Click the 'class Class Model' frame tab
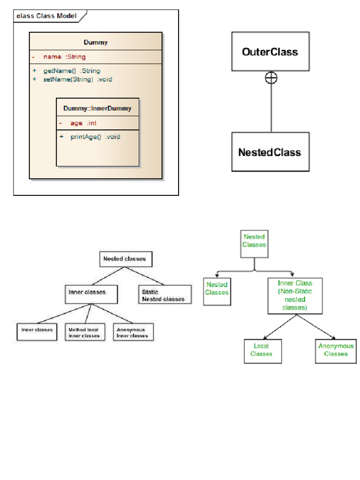click(49, 16)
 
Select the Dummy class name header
click(96, 42)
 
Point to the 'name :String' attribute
click(64, 57)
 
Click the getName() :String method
click(72, 71)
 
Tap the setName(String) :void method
click(77, 79)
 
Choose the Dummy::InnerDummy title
click(97, 108)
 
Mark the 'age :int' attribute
click(83, 123)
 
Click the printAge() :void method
click(95, 137)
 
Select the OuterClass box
click(270, 52)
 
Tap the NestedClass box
click(270, 152)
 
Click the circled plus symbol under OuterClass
click(271, 78)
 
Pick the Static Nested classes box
click(165, 294)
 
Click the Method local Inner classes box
click(85, 332)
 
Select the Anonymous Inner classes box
click(133, 332)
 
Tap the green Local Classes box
click(262, 351)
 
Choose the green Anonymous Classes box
click(336, 351)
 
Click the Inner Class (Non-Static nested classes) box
click(295, 296)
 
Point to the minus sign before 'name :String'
click(33, 57)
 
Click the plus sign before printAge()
click(61, 136)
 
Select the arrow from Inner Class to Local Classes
click(280, 327)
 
